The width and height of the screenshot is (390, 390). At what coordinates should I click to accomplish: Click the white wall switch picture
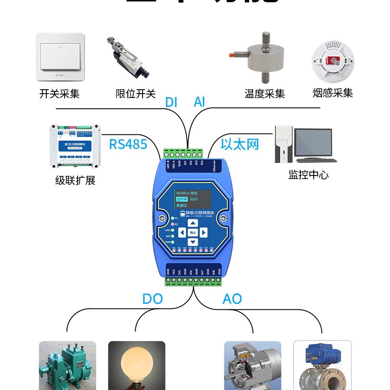click(x=60, y=57)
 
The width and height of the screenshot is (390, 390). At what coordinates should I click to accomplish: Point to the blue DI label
click(x=171, y=102)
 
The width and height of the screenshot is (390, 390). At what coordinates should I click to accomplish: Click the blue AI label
click(x=199, y=102)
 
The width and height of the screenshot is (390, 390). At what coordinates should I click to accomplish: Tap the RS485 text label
click(x=128, y=144)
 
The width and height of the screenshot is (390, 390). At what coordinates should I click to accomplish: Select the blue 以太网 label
click(x=240, y=144)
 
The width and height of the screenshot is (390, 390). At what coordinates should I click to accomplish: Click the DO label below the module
click(x=153, y=299)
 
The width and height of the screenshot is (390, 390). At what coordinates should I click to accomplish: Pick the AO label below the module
click(x=232, y=299)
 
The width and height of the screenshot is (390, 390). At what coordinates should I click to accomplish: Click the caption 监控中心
click(x=308, y=175)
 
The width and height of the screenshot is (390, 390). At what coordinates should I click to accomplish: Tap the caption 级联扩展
click(x=75, y=180)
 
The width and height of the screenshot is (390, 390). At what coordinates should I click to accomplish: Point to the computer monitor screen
click(x=313, y=142)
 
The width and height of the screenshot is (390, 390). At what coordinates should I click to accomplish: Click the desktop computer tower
click(x=283, y=144)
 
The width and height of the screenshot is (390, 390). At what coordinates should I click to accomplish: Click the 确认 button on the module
click(x=193, y=233)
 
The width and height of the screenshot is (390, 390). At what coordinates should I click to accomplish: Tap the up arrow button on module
click(x=193, y=223)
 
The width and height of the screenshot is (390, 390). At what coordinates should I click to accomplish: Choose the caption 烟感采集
click(x=333, y=93)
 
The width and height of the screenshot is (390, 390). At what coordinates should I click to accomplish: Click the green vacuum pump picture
click(x=65, y=366)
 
